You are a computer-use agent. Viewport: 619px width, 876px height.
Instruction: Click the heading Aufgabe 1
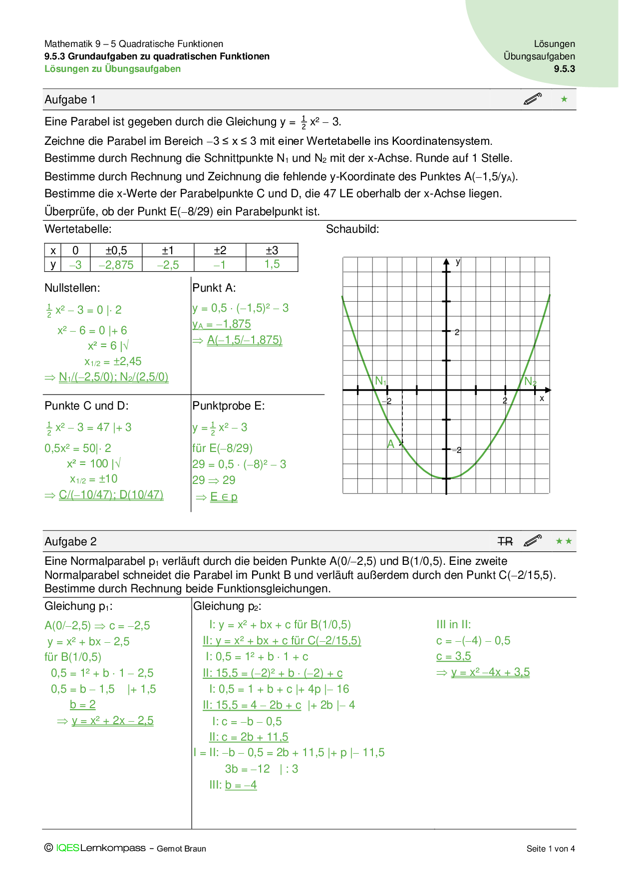coord(70,100)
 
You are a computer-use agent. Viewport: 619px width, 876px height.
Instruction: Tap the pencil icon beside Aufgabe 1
coord(533,99)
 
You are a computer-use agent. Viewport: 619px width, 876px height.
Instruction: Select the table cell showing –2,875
coord(116,265)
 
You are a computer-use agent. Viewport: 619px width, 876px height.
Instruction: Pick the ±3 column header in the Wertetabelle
coord(272,250)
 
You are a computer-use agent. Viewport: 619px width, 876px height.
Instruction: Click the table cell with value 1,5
coord(272,264)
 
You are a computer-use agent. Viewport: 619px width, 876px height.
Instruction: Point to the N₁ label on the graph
coord(381,381)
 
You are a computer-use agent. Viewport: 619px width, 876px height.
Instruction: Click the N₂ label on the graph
coord(530,382)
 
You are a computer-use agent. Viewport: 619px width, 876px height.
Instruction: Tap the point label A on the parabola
coord(391,444)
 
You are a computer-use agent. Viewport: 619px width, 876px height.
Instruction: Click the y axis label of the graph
coord(458,262)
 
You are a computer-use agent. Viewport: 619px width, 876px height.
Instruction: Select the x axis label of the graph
coord(542,399)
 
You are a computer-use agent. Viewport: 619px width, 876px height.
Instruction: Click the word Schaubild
coord(352,229)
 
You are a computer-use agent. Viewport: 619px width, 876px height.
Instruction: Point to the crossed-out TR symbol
coord(505,541)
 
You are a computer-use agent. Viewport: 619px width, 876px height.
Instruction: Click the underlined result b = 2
coord(83,705)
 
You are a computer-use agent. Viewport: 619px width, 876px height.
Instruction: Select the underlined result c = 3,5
coord(453,656)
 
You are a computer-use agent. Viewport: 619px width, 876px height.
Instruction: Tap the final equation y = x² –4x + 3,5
coord(490,672)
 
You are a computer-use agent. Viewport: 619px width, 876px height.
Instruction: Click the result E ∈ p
coord(224,497)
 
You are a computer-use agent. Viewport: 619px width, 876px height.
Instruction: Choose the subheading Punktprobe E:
coord(229,406)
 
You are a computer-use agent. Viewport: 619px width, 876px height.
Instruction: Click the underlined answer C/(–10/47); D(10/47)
coord(111,495)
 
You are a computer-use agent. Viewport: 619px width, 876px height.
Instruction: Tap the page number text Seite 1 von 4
coord(550,849)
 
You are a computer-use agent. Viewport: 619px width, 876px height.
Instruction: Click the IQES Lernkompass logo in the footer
coord(100,848)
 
